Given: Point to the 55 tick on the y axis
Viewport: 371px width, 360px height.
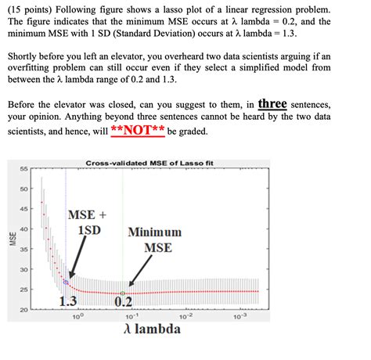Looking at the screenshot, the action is [23, 168].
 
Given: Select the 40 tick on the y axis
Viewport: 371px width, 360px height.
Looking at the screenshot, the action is [23, 229].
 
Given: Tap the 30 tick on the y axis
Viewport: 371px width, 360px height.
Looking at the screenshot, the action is [23, 270].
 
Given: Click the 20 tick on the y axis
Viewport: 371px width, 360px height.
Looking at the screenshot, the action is [23, 311].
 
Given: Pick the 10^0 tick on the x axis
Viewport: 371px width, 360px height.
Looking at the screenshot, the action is [76, 318].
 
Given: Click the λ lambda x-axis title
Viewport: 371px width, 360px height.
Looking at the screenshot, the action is [152, 329].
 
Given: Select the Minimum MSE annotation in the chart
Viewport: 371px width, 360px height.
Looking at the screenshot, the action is [154, 240].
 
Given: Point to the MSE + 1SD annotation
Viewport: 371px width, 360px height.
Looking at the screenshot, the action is [88, 222].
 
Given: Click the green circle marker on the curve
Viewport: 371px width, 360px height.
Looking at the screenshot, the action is [123, 293].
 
